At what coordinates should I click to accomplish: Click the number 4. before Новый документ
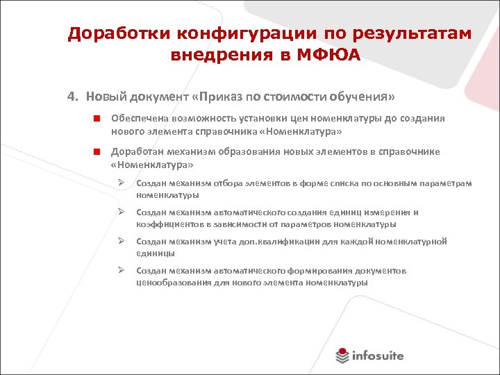point(72,95)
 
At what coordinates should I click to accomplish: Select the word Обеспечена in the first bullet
point(138,119)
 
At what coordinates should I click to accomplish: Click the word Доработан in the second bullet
point(135,151)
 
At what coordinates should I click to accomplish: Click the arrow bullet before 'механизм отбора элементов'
point(120,183)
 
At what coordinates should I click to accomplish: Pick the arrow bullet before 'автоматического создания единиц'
point(120,212)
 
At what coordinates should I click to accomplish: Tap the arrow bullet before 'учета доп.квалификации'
point(120,242)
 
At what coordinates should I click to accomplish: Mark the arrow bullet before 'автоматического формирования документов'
point(120,271)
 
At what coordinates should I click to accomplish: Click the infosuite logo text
point(379,356)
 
